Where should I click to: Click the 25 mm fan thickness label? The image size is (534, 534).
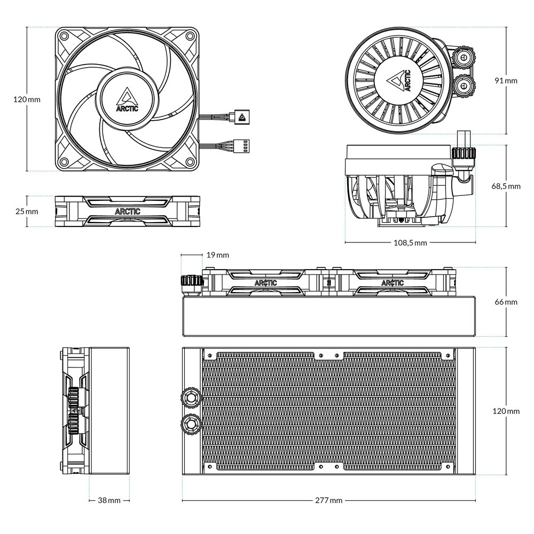[x=27, y=211]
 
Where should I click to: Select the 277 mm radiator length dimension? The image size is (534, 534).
[x=328, y=500]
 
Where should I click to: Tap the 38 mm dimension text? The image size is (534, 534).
[x=109, y=500]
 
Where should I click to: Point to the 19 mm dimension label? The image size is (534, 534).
[x=217, y=255]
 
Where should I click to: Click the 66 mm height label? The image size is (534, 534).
[x=506, y=302]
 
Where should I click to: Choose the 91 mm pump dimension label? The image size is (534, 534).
[x=506, y=81]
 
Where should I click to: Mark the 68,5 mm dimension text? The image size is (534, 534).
[x=506, y=186]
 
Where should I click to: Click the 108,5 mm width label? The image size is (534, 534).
[x=410, y=243]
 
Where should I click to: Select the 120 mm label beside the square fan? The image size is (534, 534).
[x=27, y=100]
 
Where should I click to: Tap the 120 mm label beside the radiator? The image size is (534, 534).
[x=506, y=411]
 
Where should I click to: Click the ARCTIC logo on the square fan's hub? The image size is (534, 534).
[x=127, y=100]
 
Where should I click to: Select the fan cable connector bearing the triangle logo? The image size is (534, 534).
[x=241, y=115]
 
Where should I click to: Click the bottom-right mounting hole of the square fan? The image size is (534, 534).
[x=190, y=162]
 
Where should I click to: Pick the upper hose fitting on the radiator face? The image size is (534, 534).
[x=191, y=396]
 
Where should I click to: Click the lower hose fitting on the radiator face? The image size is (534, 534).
[x=191, y=425]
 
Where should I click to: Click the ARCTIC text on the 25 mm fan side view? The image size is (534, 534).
[x=128, y=211]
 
